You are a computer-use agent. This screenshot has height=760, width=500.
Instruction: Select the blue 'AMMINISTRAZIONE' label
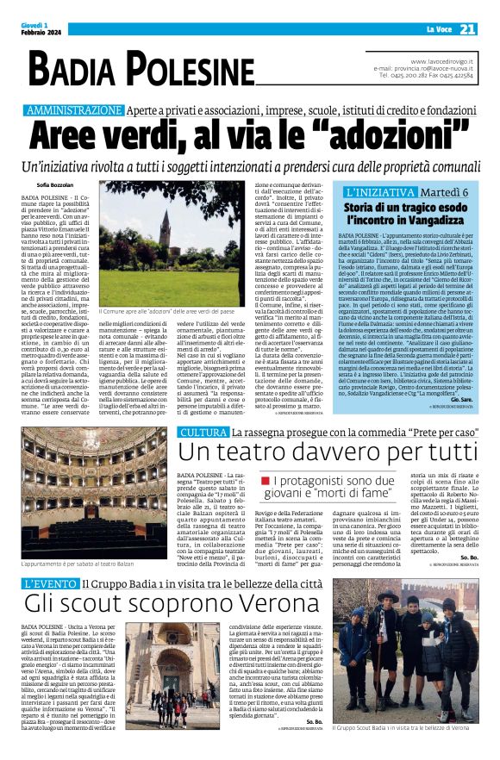(75, 111)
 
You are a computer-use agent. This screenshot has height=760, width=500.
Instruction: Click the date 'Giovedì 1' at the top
(32, 25)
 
